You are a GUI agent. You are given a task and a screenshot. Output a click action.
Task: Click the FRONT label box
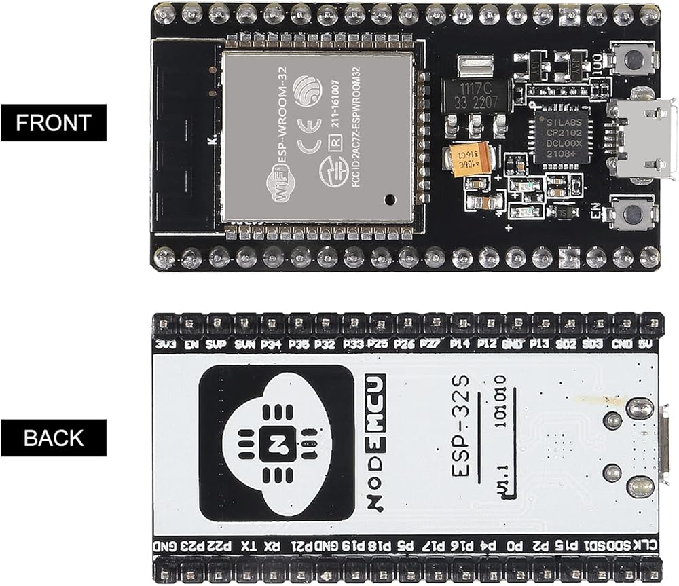click(x=54, y=123)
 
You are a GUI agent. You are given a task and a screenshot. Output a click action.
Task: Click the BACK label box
click(x=54, y=438)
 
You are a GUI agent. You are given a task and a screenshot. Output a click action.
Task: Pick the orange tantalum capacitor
click(x=468, y=160)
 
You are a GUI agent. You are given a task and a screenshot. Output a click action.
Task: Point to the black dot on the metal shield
click(x=389, y=200)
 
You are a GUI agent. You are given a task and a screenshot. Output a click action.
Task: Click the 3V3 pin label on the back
click(x=165, y=344)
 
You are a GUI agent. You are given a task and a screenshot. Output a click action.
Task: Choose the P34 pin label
click(x=272, y=344)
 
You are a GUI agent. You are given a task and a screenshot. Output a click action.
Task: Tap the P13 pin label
click(x=540, y=344)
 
